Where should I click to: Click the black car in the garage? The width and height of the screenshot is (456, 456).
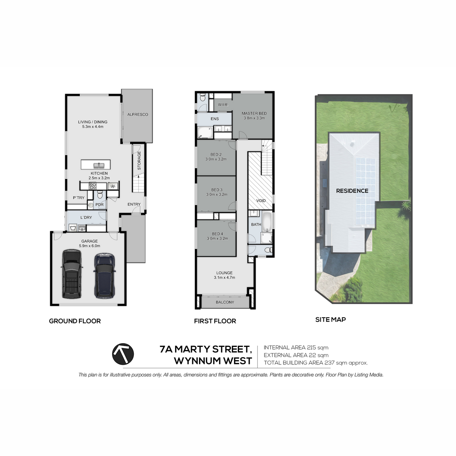72,274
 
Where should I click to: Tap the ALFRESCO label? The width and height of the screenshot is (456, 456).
138,114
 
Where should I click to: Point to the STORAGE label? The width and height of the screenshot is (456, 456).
139,161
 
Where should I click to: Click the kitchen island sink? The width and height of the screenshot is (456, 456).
99,165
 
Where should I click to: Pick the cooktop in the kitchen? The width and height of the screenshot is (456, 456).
92,186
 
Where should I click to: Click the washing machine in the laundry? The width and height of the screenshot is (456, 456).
73,228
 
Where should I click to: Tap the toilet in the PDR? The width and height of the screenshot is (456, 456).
100,195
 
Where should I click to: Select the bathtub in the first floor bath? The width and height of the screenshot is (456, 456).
267,222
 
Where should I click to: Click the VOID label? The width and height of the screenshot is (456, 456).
261,201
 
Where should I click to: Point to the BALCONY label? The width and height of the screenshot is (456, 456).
225,302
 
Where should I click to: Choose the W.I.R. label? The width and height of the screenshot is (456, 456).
223,104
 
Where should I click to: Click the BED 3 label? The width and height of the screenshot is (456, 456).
217,190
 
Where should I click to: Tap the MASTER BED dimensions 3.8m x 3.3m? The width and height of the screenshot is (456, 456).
254,118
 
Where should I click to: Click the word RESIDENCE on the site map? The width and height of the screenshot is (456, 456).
352,191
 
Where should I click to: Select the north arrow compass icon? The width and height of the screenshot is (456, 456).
123,354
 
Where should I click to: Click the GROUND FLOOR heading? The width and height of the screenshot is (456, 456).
75,321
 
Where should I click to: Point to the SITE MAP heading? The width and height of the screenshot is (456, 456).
331,320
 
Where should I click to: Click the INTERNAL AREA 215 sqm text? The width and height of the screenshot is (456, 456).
296,348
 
